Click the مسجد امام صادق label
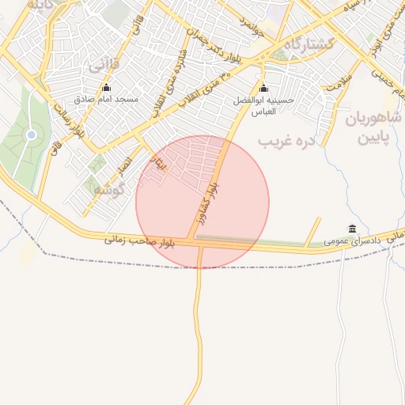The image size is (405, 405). (107, 100)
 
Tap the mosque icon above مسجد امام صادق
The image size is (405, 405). (107, 88)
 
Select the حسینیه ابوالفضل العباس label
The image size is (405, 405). (263, 107)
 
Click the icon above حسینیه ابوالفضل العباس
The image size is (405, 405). (263, 89)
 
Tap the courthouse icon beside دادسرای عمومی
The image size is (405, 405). (352, 229)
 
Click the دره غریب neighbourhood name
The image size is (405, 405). (286, 141)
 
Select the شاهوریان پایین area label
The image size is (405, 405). (374, 129)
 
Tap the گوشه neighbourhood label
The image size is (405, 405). (108, 191)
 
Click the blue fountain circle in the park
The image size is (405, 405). (31, 134)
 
